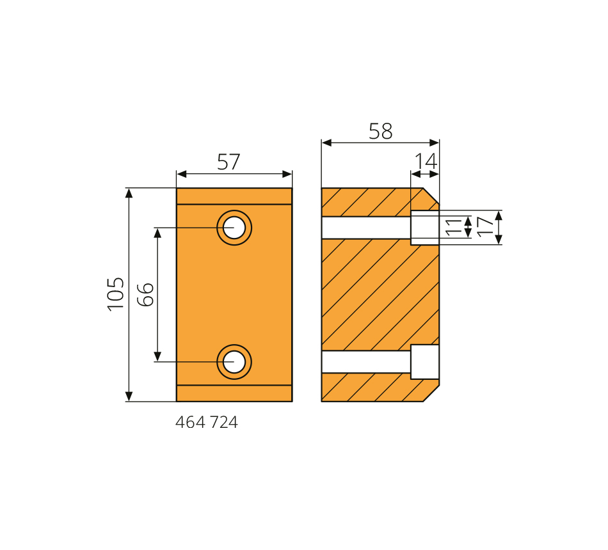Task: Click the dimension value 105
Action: (116, 294)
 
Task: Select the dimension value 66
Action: (146, 295)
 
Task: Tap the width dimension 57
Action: (228, 162)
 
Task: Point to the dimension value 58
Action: (380, 131)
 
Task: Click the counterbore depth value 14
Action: (426, 161)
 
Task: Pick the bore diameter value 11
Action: (454, 227)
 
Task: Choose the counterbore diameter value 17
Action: (485, 227)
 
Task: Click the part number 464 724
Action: (206, 422)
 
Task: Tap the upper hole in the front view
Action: (234, 228)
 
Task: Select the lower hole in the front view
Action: (234, 361)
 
